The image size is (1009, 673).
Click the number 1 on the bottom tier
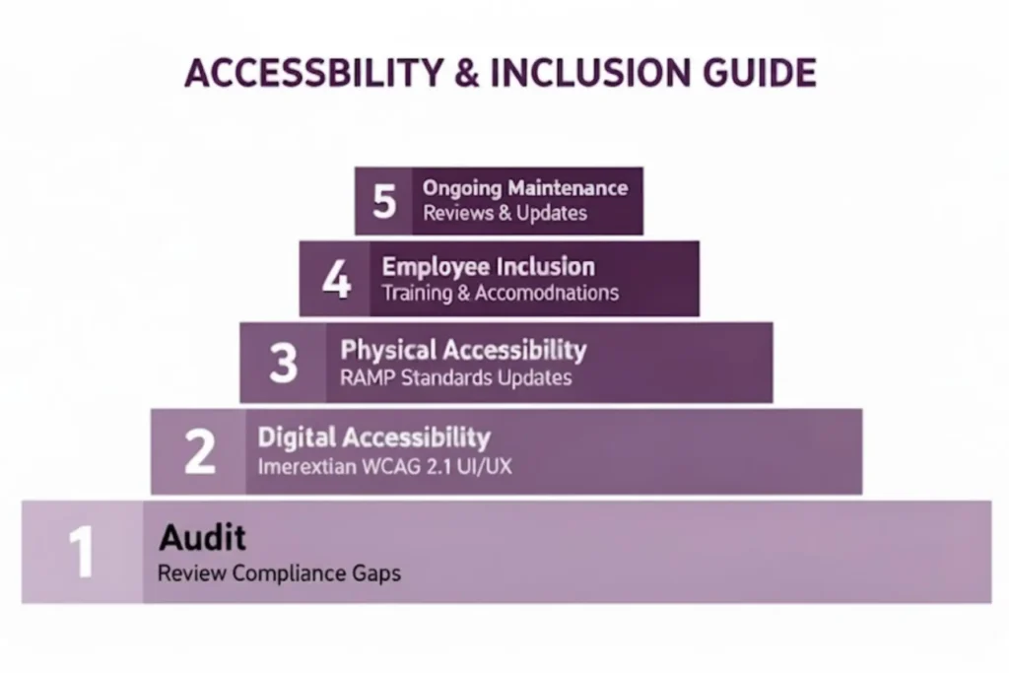(80, 553)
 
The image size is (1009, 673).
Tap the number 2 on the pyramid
(199, 451)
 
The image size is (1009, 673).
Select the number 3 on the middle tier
(283, 363)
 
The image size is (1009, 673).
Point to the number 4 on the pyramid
(336, 279)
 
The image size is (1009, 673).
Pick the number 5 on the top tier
(384, 201)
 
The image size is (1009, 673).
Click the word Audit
(202, 538)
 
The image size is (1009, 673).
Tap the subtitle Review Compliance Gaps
(279, 573)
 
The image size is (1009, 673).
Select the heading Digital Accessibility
(373, 437)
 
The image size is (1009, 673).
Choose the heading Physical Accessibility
(463, 350)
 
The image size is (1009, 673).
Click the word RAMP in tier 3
(367, 378)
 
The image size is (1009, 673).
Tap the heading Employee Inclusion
(488, 266)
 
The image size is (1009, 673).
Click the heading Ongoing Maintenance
(524, 187)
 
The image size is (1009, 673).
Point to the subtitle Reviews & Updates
(504, 213)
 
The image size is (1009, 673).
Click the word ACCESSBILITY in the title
(301, 74)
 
